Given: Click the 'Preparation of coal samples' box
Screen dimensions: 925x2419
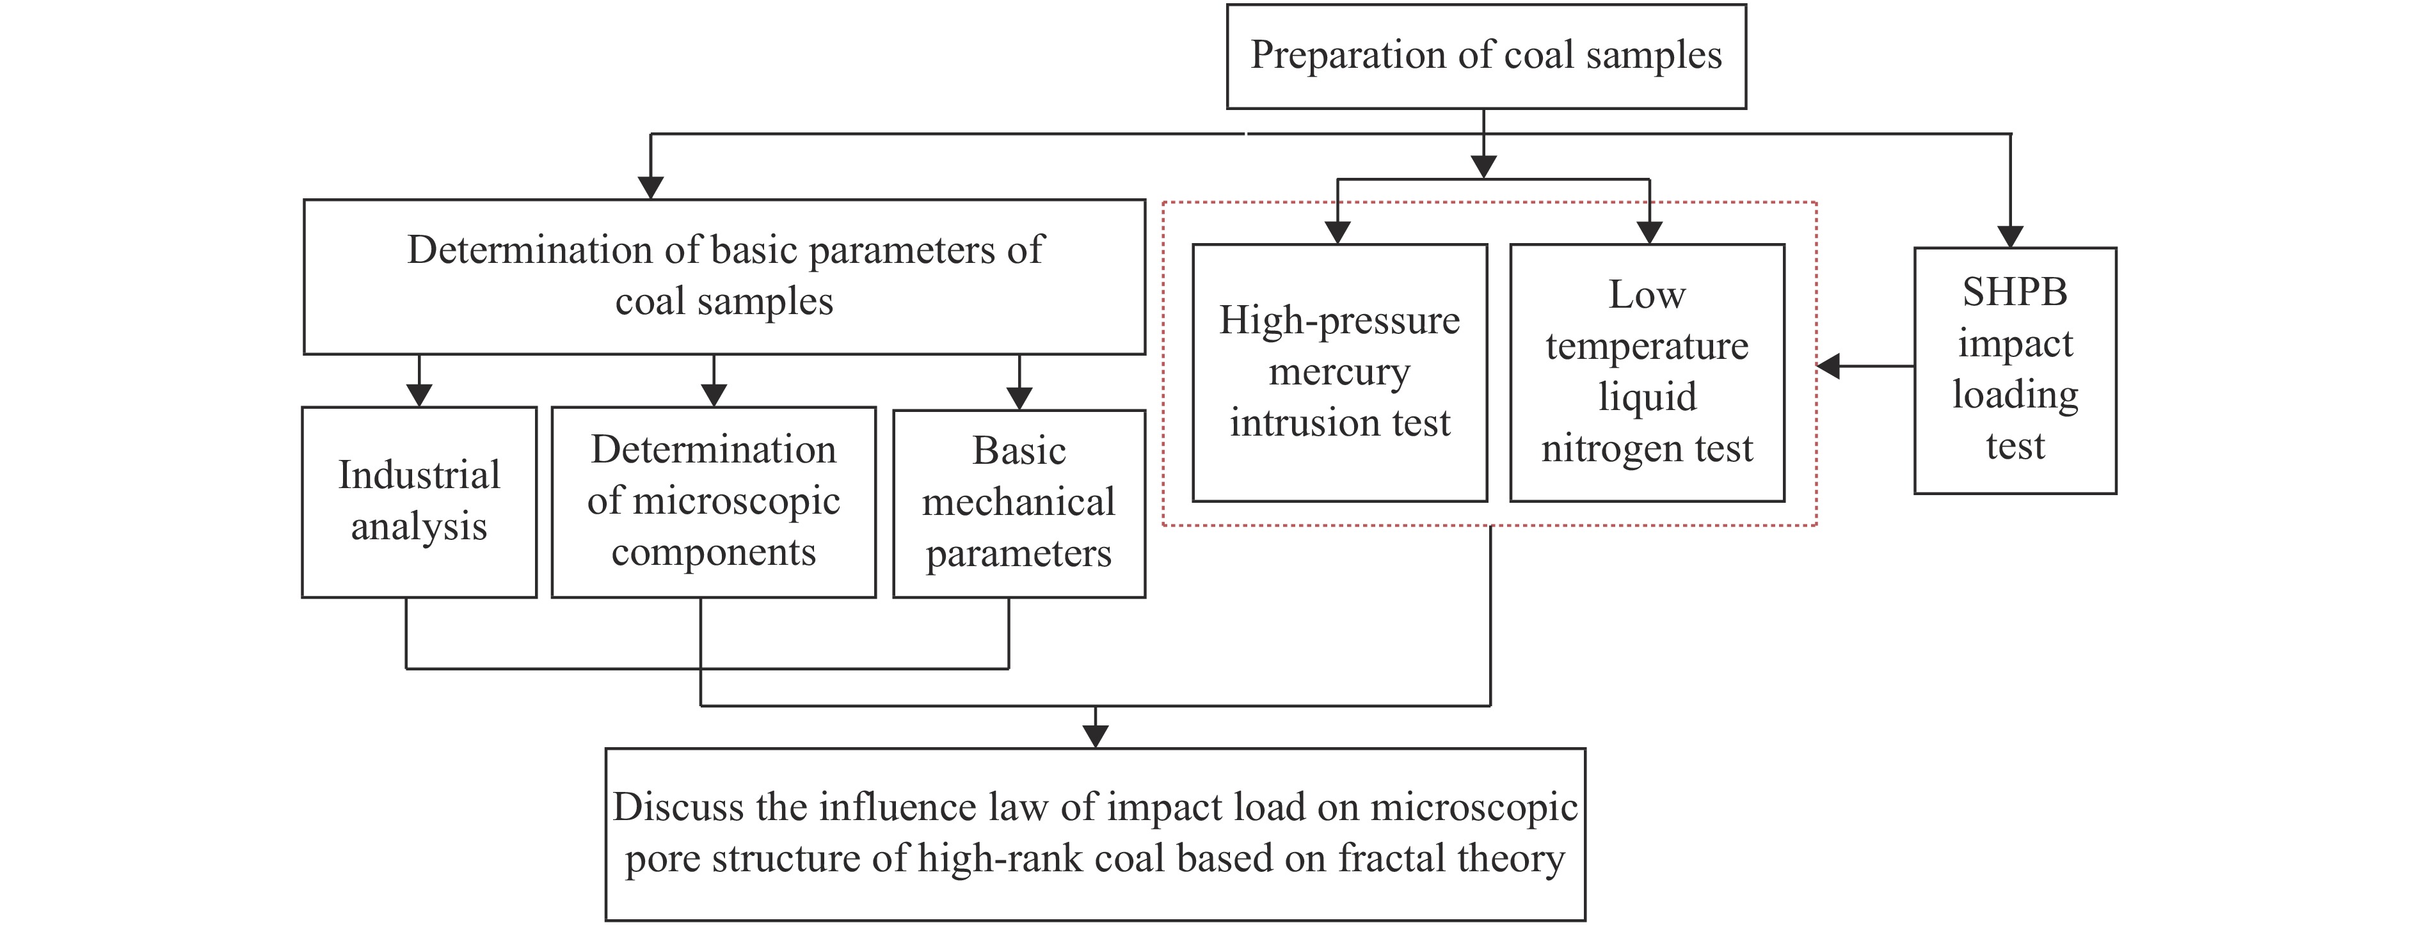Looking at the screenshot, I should click(1485, 56).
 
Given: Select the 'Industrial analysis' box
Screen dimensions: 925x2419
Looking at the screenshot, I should click(419, 502).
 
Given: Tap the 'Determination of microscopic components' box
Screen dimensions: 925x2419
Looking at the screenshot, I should click(714, 502).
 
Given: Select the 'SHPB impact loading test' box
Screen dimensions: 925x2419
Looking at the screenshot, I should click(2015, 370).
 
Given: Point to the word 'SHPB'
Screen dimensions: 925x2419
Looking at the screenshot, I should click(2015, 293).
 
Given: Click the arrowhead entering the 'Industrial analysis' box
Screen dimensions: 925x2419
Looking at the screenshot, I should click(419, 395).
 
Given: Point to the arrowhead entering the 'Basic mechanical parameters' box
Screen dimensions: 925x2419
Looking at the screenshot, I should click(1019, 398).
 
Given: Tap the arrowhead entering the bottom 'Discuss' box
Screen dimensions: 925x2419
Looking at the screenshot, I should click(1095, 737).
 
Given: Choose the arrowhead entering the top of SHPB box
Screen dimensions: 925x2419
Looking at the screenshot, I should click(2011, 237).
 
